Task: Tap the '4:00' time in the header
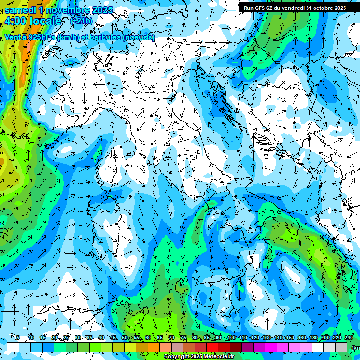click(x=15, y=21)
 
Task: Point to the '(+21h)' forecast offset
click(x=81, y=21)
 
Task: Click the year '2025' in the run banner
click(x=337, y=8)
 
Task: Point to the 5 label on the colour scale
click(x=18, y=337)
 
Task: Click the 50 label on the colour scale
click(x=125, y=337)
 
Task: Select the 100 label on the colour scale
click(x=231, y=337)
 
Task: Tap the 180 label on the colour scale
click(x=313, y=337)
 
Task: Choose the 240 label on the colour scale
click(x=349, y=337)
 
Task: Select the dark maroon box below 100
click(x=236, y=347)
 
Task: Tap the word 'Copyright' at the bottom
click(x=176, y=357)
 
